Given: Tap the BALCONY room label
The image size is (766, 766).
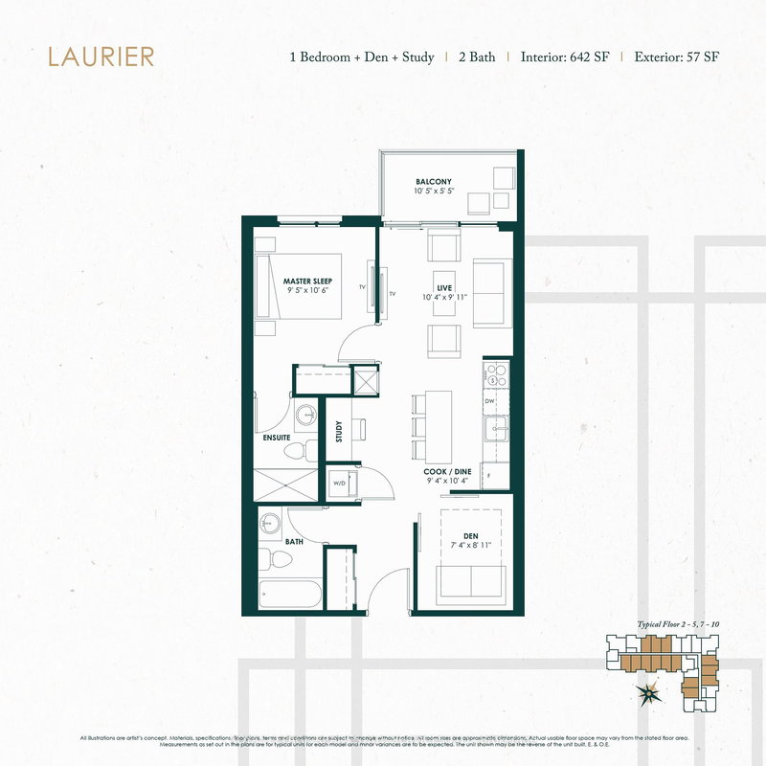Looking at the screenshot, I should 433,181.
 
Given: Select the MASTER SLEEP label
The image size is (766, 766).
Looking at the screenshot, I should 306,281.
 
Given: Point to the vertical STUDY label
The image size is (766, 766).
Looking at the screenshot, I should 339,432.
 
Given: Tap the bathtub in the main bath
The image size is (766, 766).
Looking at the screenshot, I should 289,595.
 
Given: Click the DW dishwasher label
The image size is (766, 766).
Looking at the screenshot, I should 489,401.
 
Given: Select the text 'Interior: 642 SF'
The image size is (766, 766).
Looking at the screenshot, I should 565,56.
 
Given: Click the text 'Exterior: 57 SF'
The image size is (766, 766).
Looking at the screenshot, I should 677,56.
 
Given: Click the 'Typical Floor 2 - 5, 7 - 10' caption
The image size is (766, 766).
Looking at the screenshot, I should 678,624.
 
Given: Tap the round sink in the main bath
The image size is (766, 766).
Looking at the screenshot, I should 272,525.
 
